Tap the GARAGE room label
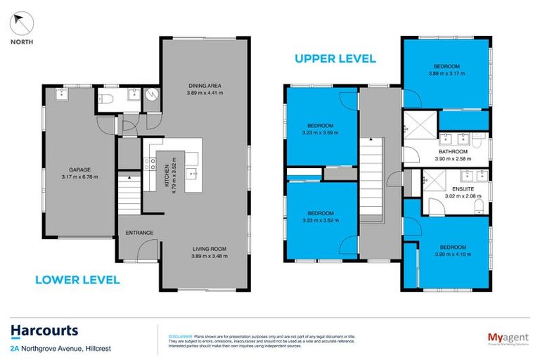[78, 169]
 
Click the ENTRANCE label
[139, 233]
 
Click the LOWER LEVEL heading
[77, 279]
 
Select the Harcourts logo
[44, 331]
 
